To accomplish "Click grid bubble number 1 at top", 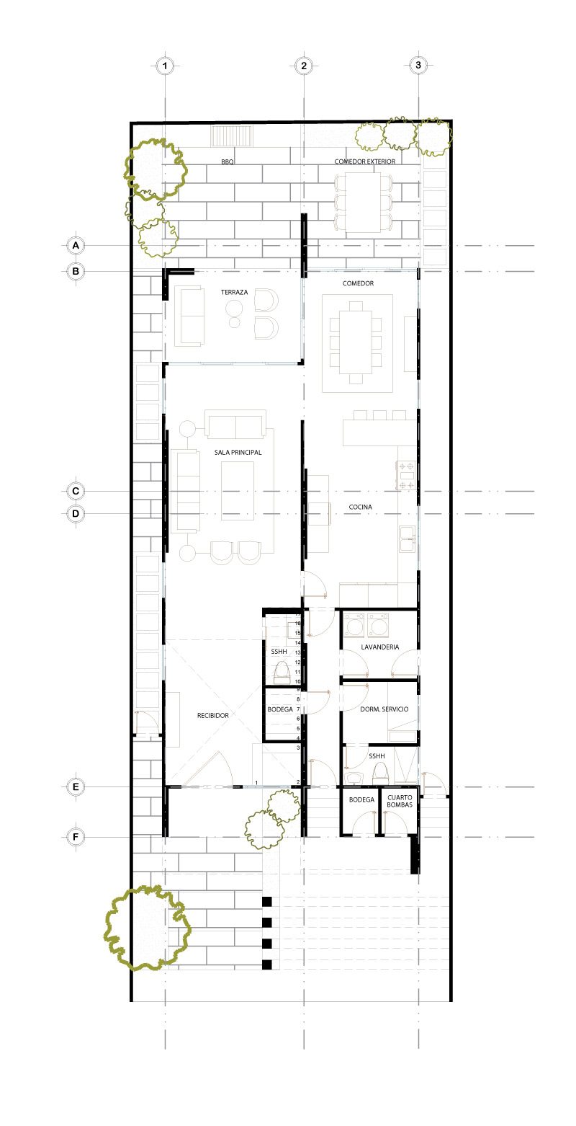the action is pyautogui.click(x=165, y=66).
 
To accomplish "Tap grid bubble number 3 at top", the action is pyautogui.click(x=418, y=65).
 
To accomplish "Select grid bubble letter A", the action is pyautogui.click(x=76, y=246).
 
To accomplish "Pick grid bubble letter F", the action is pyautogui.click(x=76, y=837).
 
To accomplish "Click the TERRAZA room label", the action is pyautogui.click(x=234, y=292).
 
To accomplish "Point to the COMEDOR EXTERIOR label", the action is pyautogui.click(x=364, y=161).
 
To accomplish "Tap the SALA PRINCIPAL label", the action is pyautogui.click(x=238, y=453).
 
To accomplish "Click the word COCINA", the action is pyautogui.click(x=361, y=507).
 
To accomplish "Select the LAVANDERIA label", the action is pyautogui.click(x=379, y=647).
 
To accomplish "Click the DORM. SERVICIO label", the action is pyautogui.click(x=384, y=709).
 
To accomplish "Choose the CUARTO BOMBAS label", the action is pyautogui.click(x=400, y=801).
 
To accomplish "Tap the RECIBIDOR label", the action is pyautogui.click(x=213, y=715).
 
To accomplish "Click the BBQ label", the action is pyautogui.click(x=228, y=162).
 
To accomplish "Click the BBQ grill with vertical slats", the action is pyautogui.click(x=232, y=136).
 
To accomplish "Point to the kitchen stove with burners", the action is pyautogui.click(x=407, y=476).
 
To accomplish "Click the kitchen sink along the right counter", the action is pyautogui.click(x=408, y=539).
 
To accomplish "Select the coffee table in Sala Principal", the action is pyautogui.click(x=238, y=491).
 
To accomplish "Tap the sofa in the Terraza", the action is pyautogui.click(x=189, y=316).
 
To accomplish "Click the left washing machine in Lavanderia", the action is pyautogui.click(x=354, y=625).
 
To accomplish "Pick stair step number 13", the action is pyautogui.click(x=298, y=653).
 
